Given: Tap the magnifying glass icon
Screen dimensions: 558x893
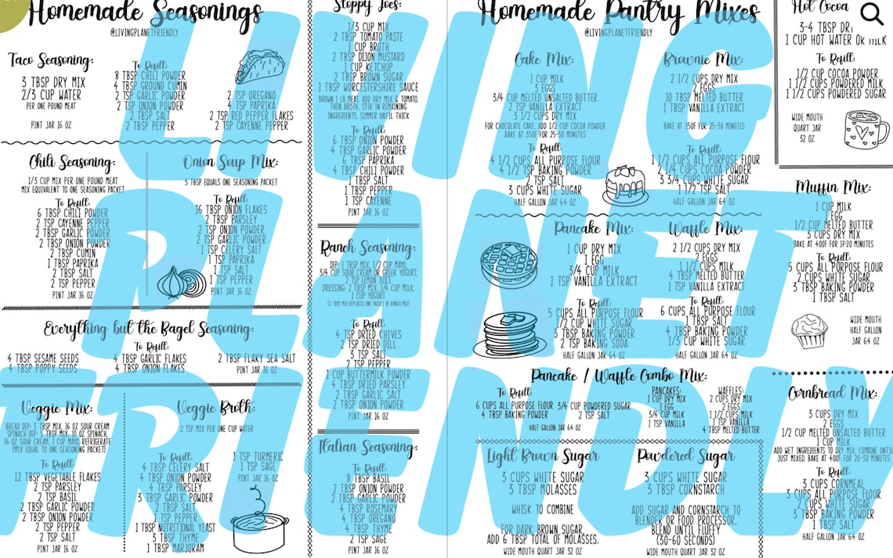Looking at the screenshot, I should (x=871, y=14).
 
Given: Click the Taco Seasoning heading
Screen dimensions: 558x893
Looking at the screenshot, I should (x=51, y=60).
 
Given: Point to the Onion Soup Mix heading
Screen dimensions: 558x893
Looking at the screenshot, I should (x=227, y=163).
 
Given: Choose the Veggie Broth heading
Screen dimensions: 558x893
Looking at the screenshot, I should (x=215, y=408).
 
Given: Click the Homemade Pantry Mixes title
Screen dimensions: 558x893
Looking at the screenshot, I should (x=618, y=13).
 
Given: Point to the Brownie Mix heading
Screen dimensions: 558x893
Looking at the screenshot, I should (x=703, y=59).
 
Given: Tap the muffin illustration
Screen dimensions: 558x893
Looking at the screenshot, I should (x=808, y=331).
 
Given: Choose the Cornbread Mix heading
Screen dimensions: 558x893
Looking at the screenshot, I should (x=832, y=392).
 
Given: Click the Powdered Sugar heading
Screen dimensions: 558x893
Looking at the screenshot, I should (x=685, y=455).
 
